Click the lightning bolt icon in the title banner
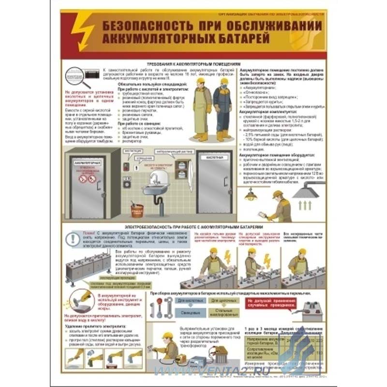tap(80, 30)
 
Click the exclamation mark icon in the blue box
tap(74, 238)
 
